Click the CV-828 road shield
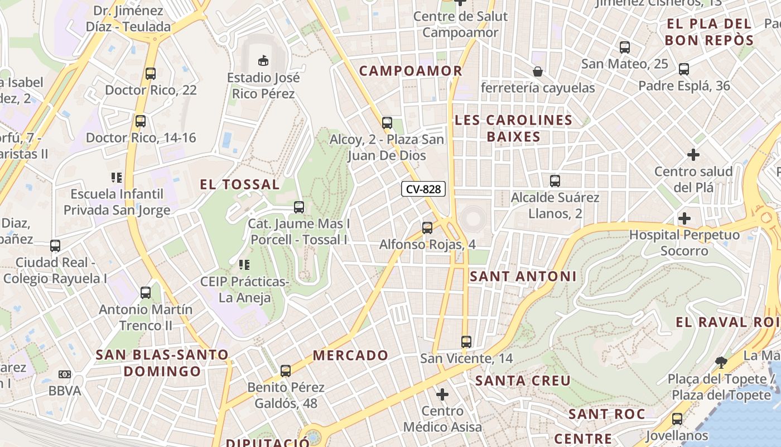tap(423, 189)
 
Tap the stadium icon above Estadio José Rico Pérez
tap(263, 60)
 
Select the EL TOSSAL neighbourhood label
tap(240, 184)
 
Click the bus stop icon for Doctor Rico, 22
tap(150, 73)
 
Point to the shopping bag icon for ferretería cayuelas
tap(538, 72)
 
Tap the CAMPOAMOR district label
tap(411, 71)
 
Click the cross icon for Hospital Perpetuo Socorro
tap(684, 218)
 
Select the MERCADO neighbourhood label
tap(350, 355)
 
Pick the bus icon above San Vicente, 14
tap(466, 341)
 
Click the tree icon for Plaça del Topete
tap(721, 362)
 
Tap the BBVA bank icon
tap(65, 374)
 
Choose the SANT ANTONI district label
tap(523, 276)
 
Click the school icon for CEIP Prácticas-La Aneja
tap(244, 265)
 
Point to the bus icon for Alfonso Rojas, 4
tap(427, 228)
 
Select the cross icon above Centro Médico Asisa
tap(442, 395)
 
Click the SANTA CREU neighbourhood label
tap(523, 381)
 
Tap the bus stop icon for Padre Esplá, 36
tap(684, 69)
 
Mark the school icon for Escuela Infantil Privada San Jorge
tap(117, 178)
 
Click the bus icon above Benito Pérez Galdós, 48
tap(286, 370)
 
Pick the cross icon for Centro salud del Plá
tap(693, 155)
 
